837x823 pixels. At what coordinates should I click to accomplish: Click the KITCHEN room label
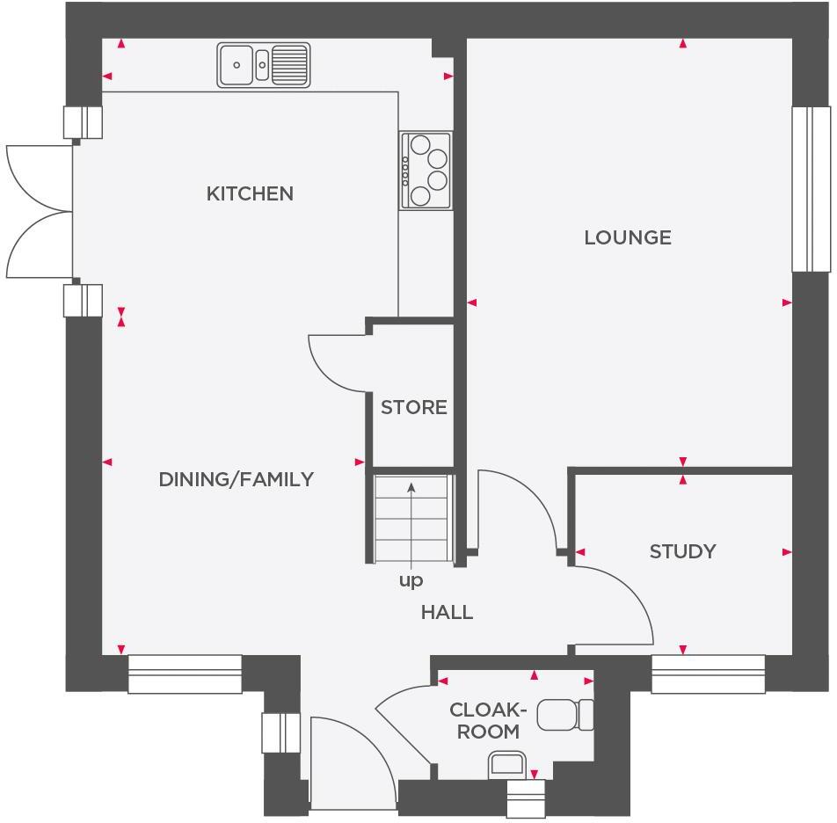click(250, 193)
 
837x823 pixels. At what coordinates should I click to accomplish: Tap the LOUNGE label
click(628, 237)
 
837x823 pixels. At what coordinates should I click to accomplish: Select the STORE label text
click(414, 408)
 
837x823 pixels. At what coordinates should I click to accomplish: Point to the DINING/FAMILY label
click(236, 479)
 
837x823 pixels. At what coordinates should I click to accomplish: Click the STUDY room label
click(682, 551)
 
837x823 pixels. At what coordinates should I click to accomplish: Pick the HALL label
click(447, 612)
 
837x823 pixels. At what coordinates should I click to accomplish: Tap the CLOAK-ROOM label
click(488, 720)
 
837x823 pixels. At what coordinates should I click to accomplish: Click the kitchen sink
click(264, 65)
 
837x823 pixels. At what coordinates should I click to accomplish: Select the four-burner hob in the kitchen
click(426, 171)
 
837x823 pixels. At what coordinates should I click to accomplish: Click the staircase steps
click(411, 519)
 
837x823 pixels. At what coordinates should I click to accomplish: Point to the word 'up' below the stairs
click(411, 581)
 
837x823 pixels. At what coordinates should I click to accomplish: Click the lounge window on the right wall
click(811, 189)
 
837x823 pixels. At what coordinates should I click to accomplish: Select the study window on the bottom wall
click(708, 674)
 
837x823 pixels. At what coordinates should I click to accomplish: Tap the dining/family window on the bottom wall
click(185, 674)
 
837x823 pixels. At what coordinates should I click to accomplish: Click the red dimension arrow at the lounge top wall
click(683, 43)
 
